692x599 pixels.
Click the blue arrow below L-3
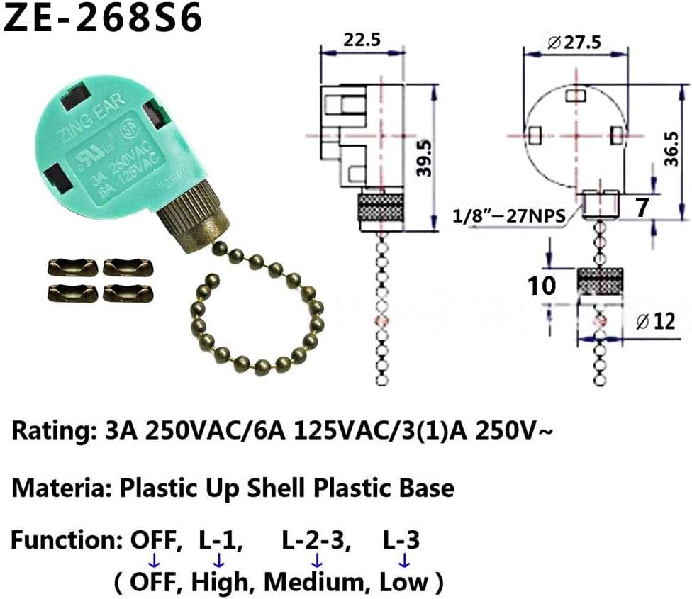click(403, 561)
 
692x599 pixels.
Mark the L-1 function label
click(218, 541)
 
